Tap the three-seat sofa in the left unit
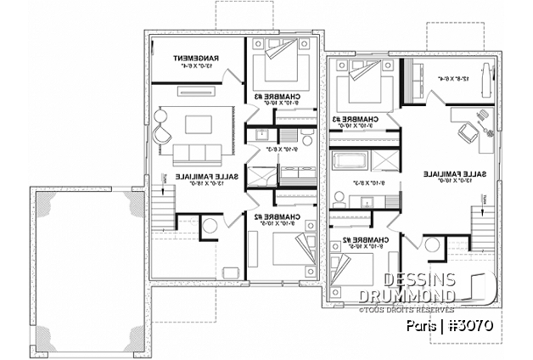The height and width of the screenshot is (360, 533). tap(198, 155)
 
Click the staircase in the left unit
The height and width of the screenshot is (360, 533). tap(161, 206)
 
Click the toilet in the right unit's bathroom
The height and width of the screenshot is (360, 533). tap(338, 198)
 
